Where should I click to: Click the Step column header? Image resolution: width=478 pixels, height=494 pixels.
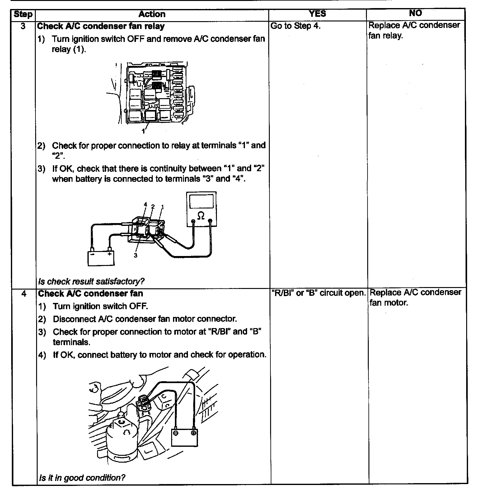coord(23,14)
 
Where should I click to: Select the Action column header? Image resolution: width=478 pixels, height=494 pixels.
coord(152,14)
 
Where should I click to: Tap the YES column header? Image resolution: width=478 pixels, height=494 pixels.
coord(317,13)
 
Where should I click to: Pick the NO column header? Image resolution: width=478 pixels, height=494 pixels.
coord(415,13)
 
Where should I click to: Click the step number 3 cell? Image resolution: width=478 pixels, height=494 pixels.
coord(23,26)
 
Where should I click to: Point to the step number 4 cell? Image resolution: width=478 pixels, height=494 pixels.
coord(24,294)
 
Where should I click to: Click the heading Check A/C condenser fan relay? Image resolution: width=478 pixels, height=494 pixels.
coord(101,26)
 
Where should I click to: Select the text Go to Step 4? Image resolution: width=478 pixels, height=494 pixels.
coord(295,26)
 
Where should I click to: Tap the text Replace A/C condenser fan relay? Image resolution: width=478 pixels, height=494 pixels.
coord(414,30)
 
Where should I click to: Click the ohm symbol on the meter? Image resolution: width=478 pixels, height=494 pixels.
coord(201,215)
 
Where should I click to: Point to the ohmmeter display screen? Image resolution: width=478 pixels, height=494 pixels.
coord(201,201)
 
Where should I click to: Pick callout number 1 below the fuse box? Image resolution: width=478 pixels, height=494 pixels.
coord(143,131)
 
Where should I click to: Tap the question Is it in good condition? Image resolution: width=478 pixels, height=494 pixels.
coord(82,477)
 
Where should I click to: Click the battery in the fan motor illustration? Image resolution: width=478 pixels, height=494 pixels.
coord(185,437)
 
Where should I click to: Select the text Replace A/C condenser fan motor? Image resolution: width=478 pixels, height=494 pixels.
coord(415,297)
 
